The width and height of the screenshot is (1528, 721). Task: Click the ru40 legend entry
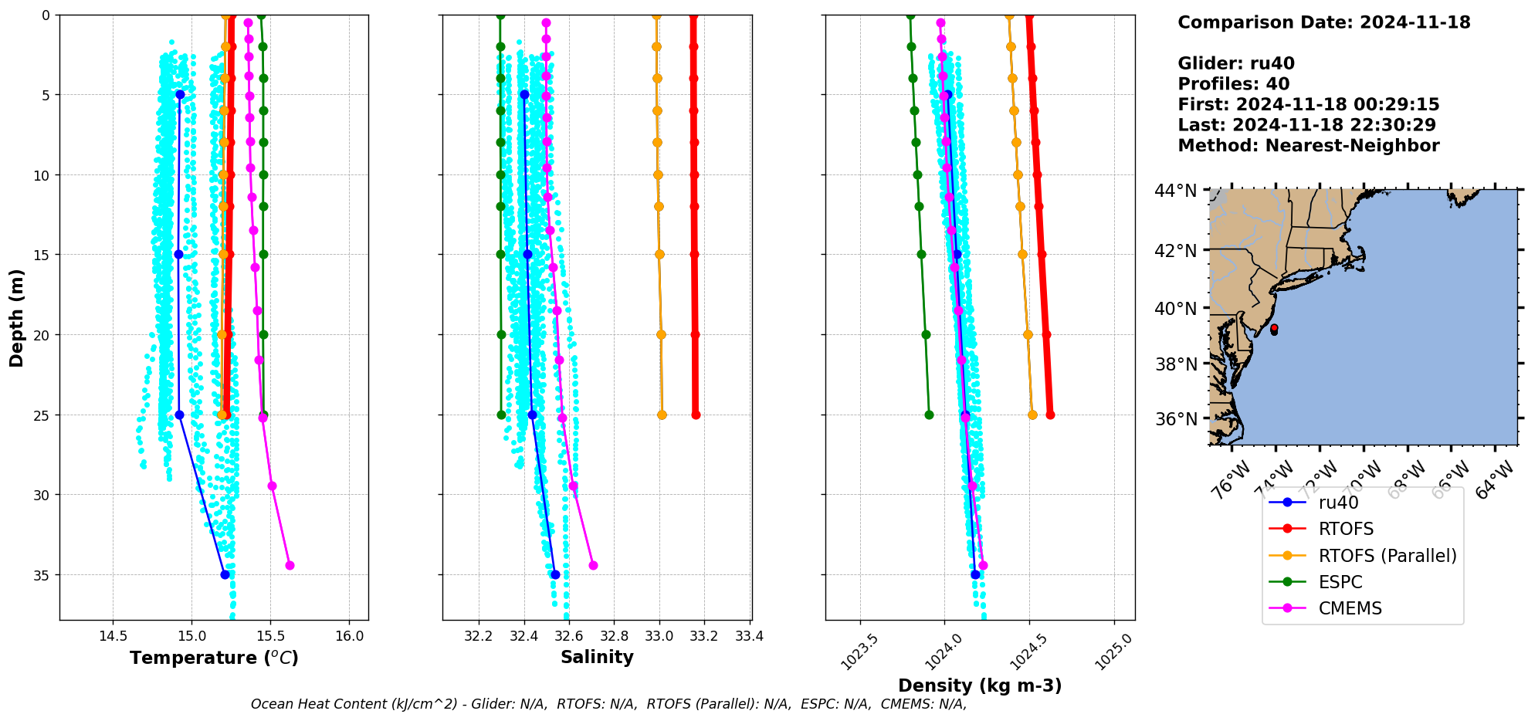[1338, 503]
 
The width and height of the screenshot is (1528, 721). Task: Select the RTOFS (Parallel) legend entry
[1387, 556]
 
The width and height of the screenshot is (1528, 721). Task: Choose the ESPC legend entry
[1340, 582]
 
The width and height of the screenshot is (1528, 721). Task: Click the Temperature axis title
[214, 658]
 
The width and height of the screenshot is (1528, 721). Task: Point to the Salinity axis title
[597, 657]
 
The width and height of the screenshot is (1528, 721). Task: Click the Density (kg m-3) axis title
[980, 685]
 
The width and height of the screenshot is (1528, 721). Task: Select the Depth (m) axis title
[16, 317]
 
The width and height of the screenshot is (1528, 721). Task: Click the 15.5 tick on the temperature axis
[270, 637]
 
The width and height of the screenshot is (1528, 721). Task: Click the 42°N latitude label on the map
[1175, 251]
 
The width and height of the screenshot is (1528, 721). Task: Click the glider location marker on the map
[1274, 330]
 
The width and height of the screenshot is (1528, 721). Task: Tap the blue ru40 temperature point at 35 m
[225, 574]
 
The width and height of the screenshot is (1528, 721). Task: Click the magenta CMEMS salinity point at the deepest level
[593, 565]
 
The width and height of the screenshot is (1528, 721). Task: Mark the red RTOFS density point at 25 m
[1050, 415]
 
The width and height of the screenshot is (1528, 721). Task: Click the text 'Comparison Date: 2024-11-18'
[1323, 22]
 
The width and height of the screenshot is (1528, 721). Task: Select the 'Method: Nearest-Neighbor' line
[1308, 146]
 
